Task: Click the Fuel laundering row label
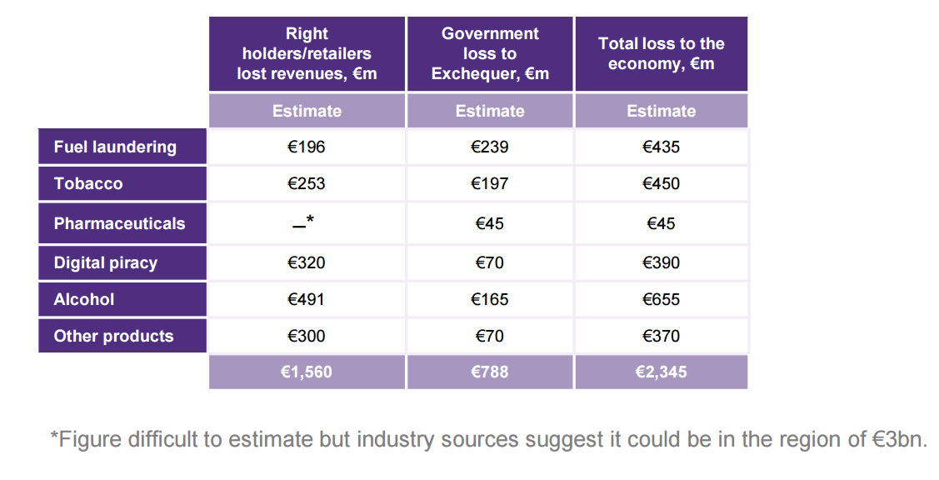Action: tap(115, 147)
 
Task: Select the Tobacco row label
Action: tap(88, 183)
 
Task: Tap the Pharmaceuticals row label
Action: tap(119, 223)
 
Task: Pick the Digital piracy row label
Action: tap(105, 263)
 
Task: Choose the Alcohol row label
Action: tap(84, 300)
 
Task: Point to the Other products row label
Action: tap(114, 336)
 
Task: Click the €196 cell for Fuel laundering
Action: tap(307, 147)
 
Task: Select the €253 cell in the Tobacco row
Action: tap(307, 183)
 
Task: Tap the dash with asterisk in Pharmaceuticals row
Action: tap(303, 222)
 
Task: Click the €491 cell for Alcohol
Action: tap(307, 300)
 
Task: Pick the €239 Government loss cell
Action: tap(489, 147)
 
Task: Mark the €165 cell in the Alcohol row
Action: tap(489, 300)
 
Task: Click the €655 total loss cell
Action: tap(662, 300)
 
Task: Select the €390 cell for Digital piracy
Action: tap(662, 263)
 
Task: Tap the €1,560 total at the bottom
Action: tap(307, 372)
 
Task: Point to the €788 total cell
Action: tap(489, 372)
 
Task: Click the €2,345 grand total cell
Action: tap(662, 372)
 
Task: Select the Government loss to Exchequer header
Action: tap(490, 54)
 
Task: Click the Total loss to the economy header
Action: tap(662, 54)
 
